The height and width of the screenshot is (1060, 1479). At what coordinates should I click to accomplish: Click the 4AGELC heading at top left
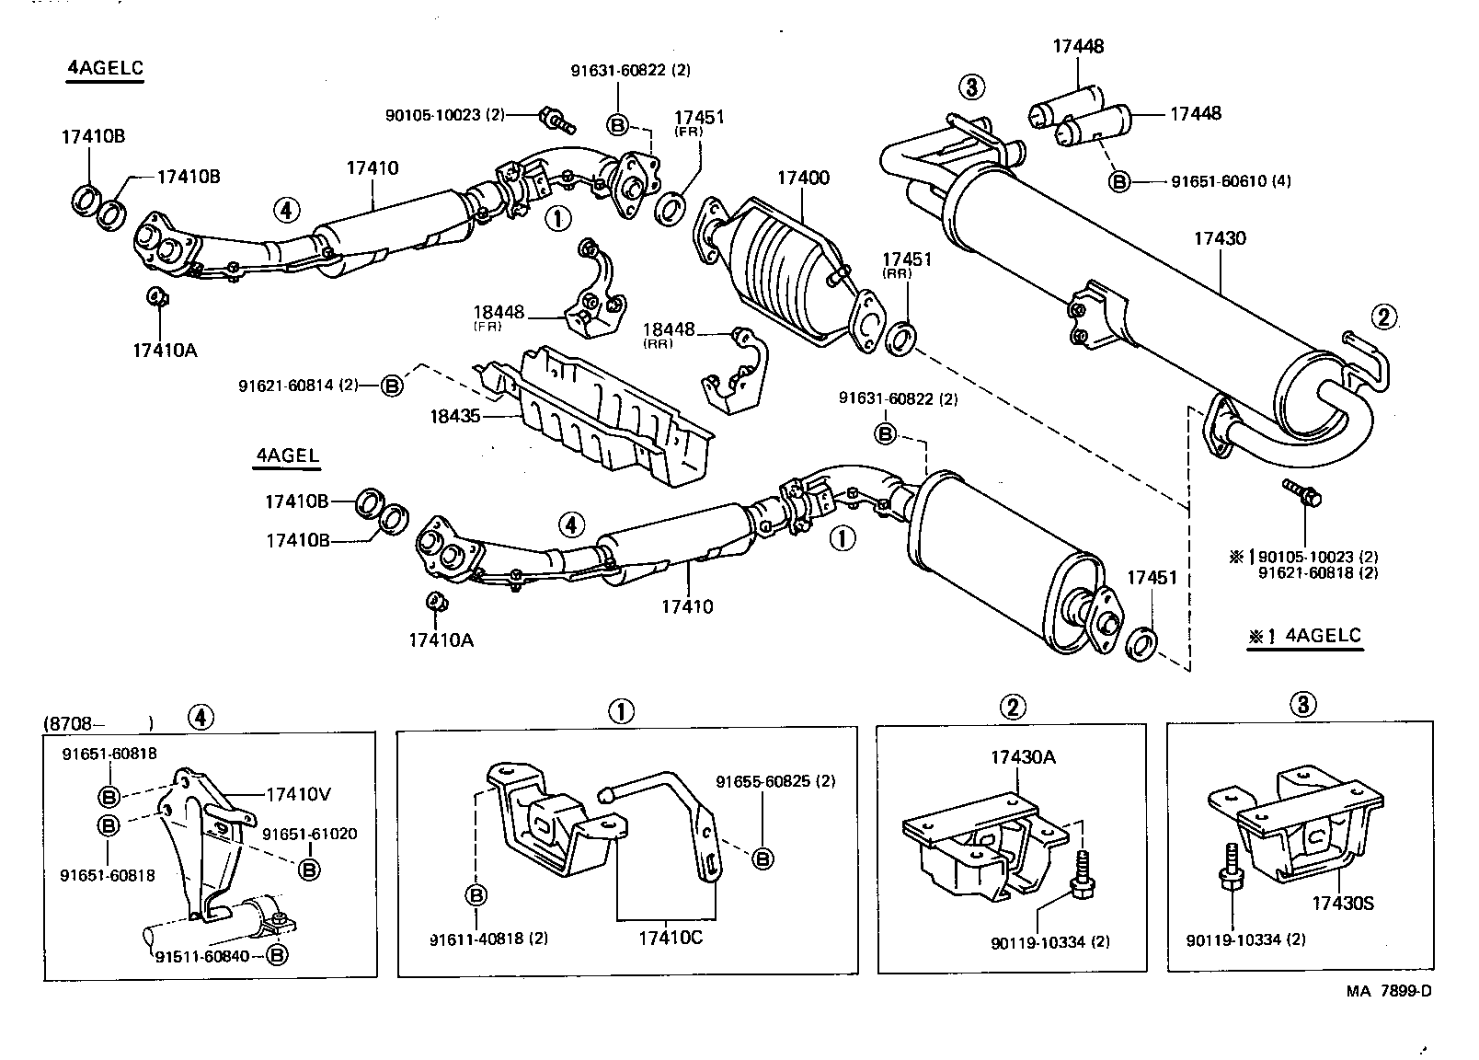coord(105,68)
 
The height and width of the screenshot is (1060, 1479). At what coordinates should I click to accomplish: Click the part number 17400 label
coord(803,179)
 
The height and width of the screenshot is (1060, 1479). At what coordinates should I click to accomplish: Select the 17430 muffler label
coord(1220,238)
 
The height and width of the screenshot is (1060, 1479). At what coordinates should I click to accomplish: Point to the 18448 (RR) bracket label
coord(668,330)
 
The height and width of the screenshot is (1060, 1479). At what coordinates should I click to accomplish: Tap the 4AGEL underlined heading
coord(287,455)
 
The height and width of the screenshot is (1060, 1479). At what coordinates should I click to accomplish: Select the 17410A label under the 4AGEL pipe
coord(441,639)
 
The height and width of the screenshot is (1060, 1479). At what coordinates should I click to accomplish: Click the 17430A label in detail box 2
coord(1023,757)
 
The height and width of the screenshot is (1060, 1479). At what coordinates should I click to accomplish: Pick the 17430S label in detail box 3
coord(1342,903)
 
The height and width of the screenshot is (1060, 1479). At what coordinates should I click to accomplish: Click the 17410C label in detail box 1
coord(671,938)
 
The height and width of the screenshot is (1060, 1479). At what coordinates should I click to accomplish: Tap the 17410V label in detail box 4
coord(298,793)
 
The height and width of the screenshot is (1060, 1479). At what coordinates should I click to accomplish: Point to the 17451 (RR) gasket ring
coord(900,338)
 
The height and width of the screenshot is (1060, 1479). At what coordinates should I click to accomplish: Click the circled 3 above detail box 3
coord(1303,705)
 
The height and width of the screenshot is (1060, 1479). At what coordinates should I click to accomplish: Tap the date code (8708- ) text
coord(97,723)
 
